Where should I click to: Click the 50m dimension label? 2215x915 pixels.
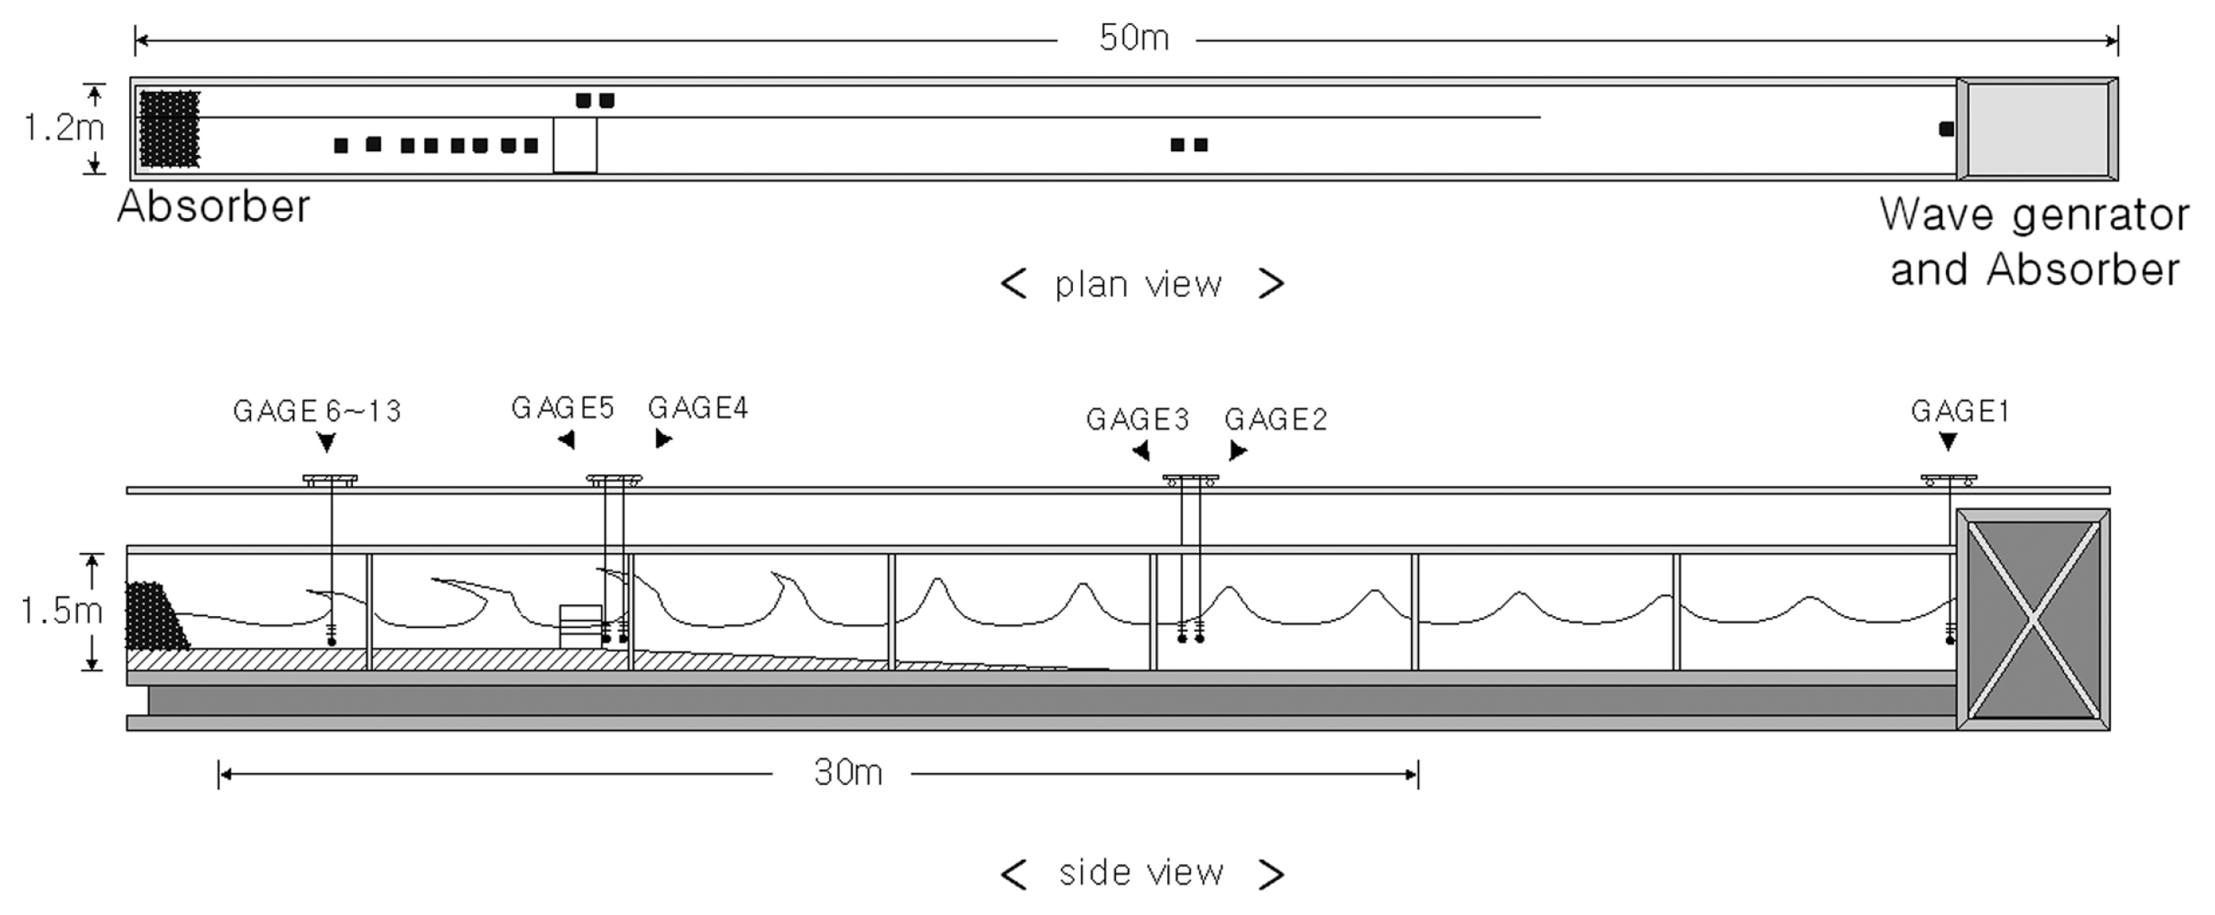click(1133, 38)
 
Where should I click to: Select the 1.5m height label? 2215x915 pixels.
click(61, 611)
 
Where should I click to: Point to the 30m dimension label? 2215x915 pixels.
click(848, 773)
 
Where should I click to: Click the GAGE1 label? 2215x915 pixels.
click(1960, 411)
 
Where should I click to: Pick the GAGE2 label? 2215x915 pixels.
click(1276, 419)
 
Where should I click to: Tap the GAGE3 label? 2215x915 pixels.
click(1137, 419)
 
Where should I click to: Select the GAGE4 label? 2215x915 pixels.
click(698, 408)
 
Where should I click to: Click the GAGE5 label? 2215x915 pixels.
click(563, 408)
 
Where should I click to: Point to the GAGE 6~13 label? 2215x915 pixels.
click(317, 411)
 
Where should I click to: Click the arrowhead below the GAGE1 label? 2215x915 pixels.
click(1948, 442)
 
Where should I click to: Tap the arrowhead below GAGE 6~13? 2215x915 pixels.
click(326, 443)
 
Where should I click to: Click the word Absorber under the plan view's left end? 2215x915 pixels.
click(213, 206)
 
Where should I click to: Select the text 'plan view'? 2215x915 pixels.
click(1138, 285)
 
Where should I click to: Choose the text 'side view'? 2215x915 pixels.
click(1141, 873)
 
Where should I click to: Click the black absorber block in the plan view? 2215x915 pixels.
click(169, 129)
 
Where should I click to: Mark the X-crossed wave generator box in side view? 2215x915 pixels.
click(2033, 619)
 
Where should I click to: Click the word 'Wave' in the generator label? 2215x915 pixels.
click(1935, 215)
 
